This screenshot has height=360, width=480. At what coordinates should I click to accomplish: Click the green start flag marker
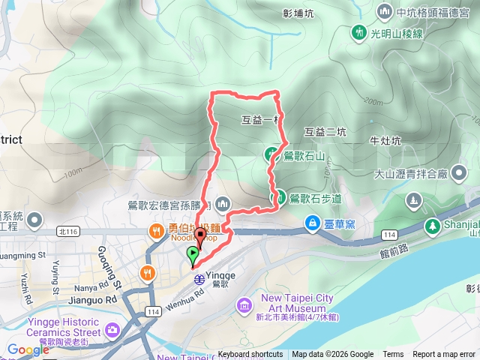click(193, 255)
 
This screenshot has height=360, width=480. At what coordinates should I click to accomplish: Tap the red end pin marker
click(199, 237)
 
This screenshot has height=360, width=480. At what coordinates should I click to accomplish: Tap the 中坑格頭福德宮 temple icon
click(385, 11)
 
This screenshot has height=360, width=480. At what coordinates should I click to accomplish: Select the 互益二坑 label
click(325, 132)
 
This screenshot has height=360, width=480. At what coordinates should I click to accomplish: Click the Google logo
click(28, 349)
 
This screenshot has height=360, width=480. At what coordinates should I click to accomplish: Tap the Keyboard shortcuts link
click(250, 355)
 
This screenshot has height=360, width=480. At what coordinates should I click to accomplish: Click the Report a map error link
click(444, 355)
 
